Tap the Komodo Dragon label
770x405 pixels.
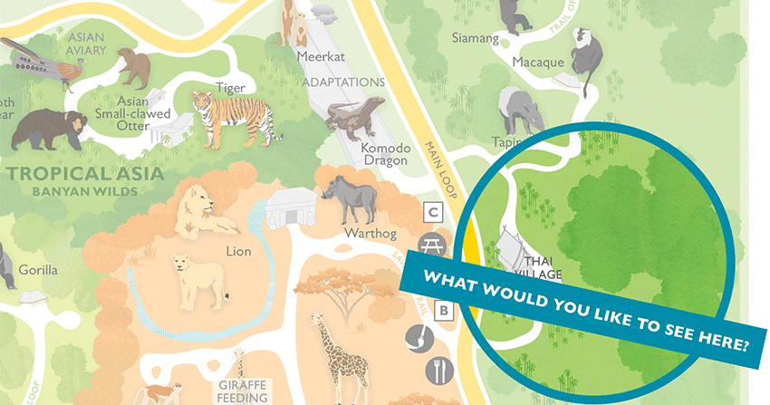point(384,154)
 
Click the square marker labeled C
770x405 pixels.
point(434,213)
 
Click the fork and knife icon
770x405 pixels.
point(437,370)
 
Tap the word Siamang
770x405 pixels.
point(476,39)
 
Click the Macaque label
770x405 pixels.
point(538,63)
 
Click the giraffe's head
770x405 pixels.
point(315,321)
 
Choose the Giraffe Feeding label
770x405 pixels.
point(242,391)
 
